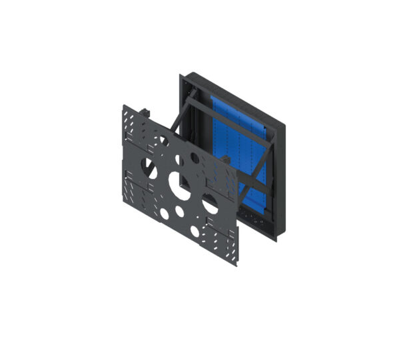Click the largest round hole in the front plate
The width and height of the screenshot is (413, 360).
click(x=179, y=184)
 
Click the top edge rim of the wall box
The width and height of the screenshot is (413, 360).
click(x=233, y=98)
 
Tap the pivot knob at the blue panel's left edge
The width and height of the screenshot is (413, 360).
click(x=226, y=160)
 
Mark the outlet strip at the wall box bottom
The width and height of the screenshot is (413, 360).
click(x=256, y=220)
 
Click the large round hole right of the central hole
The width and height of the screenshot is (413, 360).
click(x=210, y=206)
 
